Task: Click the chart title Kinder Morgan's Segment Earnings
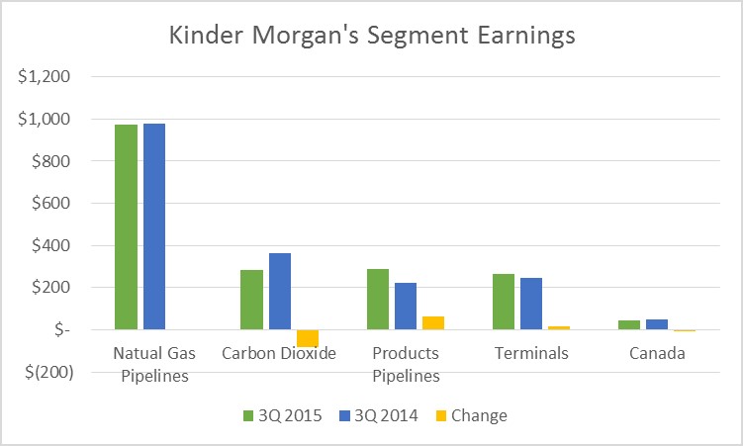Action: click(370, 37)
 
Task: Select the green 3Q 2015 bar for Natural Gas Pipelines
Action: click(126, 226)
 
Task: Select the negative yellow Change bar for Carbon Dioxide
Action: click(308, 338)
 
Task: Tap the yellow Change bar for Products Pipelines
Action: click(433, 322)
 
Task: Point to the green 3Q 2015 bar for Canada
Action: click(630, 324)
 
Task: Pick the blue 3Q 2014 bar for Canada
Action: click(658, 324)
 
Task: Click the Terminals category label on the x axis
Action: click(532, 353)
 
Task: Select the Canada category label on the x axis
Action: click(658, 353)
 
